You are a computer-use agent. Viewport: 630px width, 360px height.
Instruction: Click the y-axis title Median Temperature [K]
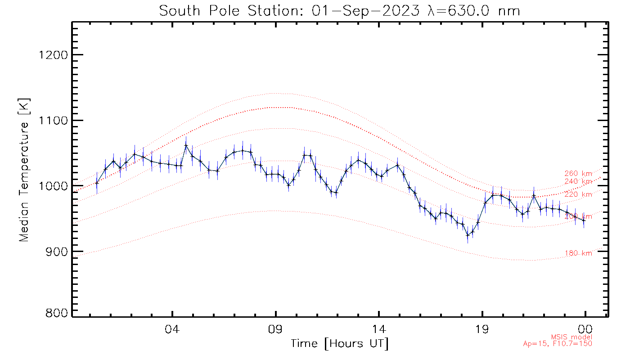(x=24, y=170)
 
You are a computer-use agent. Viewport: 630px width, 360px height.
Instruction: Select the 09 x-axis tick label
(x=276, y=328)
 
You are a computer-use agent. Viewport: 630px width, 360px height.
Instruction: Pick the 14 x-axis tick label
(x=379, y=328)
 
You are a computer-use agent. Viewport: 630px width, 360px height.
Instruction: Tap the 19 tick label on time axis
(x=482, y=328)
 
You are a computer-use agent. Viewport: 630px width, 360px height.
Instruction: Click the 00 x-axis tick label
(x=585, y=328)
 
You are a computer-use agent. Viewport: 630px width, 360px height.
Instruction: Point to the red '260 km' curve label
(x=578, y=174)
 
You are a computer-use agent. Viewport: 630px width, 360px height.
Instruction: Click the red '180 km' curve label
(x=578, y=253)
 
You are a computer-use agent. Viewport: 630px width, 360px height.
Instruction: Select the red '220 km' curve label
(x=578, y=194)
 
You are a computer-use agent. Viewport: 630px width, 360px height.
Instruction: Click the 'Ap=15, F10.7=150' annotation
(x=558, y=344)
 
